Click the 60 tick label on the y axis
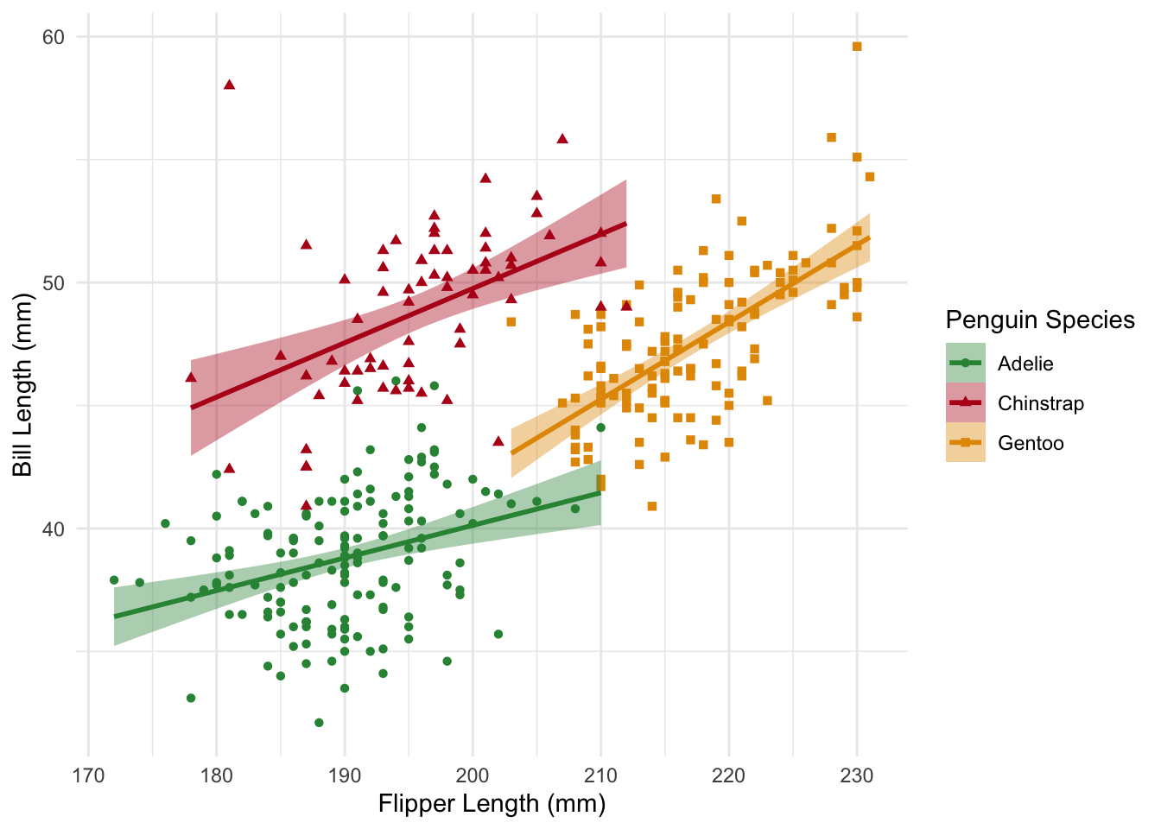tap(54, 37)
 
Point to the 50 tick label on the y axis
tap(54, 283)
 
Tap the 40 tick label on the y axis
tap(54, 529)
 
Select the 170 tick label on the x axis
tap(88, 775)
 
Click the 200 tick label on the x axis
tap(473, 775)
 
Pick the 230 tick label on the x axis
tap(857, 775)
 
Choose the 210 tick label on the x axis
tap(600, 775)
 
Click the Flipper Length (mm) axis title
tap(492, 804)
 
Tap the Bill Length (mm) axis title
tap(22, 384)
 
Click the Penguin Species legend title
tap(1040, 320)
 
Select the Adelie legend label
tap(1025, 364)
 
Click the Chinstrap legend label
tap(1040, 403)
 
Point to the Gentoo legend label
tap(1031, 443)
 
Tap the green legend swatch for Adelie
tap(966, 364)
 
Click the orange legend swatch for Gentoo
tap(966, 443)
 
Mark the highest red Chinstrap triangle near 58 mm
tap(229, 85)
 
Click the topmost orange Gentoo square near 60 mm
tap(857, 47)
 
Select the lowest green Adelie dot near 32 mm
tap(319, 723)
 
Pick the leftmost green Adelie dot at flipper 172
tap(114, 580)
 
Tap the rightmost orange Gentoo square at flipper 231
tap(870, 177)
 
